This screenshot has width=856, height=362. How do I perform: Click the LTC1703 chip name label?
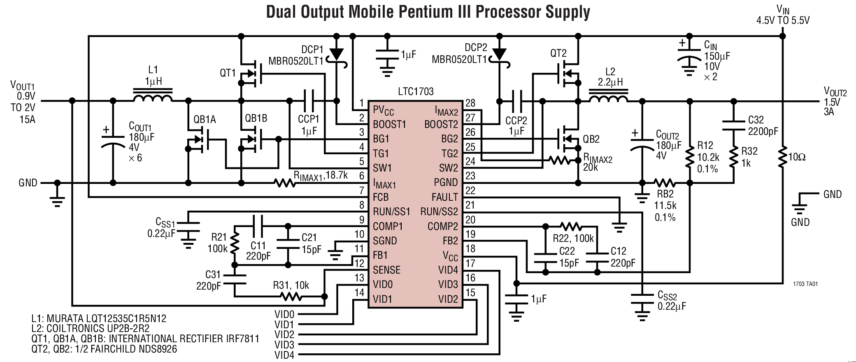click(416, 91)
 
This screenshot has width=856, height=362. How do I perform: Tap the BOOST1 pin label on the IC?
click(389, 124)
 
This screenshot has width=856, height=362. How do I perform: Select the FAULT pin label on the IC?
click(444, 197)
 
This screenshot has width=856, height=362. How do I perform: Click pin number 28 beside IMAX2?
click(470, 103)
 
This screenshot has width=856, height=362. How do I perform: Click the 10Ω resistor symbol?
click(783, 157)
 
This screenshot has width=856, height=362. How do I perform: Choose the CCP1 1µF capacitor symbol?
click(309, 101)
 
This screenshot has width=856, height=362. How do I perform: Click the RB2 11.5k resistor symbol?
click(665, 183)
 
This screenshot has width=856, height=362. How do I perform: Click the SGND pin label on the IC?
click(385, 241)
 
